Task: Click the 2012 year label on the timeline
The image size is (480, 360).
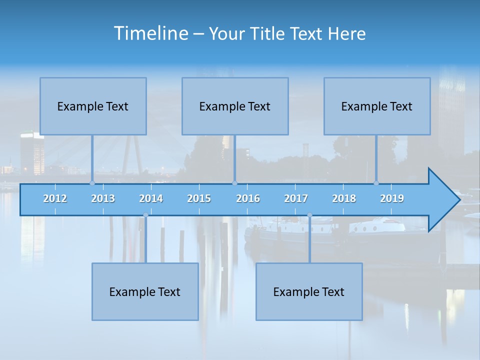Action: pyautogui.click(x=55, y=198)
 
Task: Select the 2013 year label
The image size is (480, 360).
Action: pyautogui.click(x=103, y=198)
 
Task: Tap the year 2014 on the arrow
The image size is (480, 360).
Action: pyautogui.click(x=151, y=198)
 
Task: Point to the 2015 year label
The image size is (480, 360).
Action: pyautogui.click(x=199, y=198)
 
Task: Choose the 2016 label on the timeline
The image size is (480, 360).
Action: pyautogui.click(x=248, y=198)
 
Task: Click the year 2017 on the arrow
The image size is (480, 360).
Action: pyautogui.click(x=296, y=198)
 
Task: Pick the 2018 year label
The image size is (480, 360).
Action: pyautogui.click(x=344, y=198)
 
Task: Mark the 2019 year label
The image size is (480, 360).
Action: pyautogui.click(x=392, y=198)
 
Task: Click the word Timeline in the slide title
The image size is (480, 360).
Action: pyautogui.click(x=150, y=33)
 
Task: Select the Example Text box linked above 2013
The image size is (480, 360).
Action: pyautogui.click(x=93, y=106)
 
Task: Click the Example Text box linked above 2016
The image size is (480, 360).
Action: pyautogui.click(x=235, y=106)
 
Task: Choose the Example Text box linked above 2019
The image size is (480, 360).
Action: pyautogui.click(x=377, y=106)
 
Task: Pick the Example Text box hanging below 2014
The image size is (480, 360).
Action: pyautogui.click(x=145, y=291)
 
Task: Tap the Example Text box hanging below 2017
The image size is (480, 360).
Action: pyautogui.click(x=309, y=291)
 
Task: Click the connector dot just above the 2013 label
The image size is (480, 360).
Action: pyautogui.click(x=92, y=183)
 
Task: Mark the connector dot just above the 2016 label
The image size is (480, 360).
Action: pyautogui.click(x=234, y=183)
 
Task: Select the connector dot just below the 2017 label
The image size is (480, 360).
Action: pyautogui.click(x=309, y=215)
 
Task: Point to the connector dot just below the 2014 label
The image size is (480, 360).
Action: pyautogui.click(x=145, y=215)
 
